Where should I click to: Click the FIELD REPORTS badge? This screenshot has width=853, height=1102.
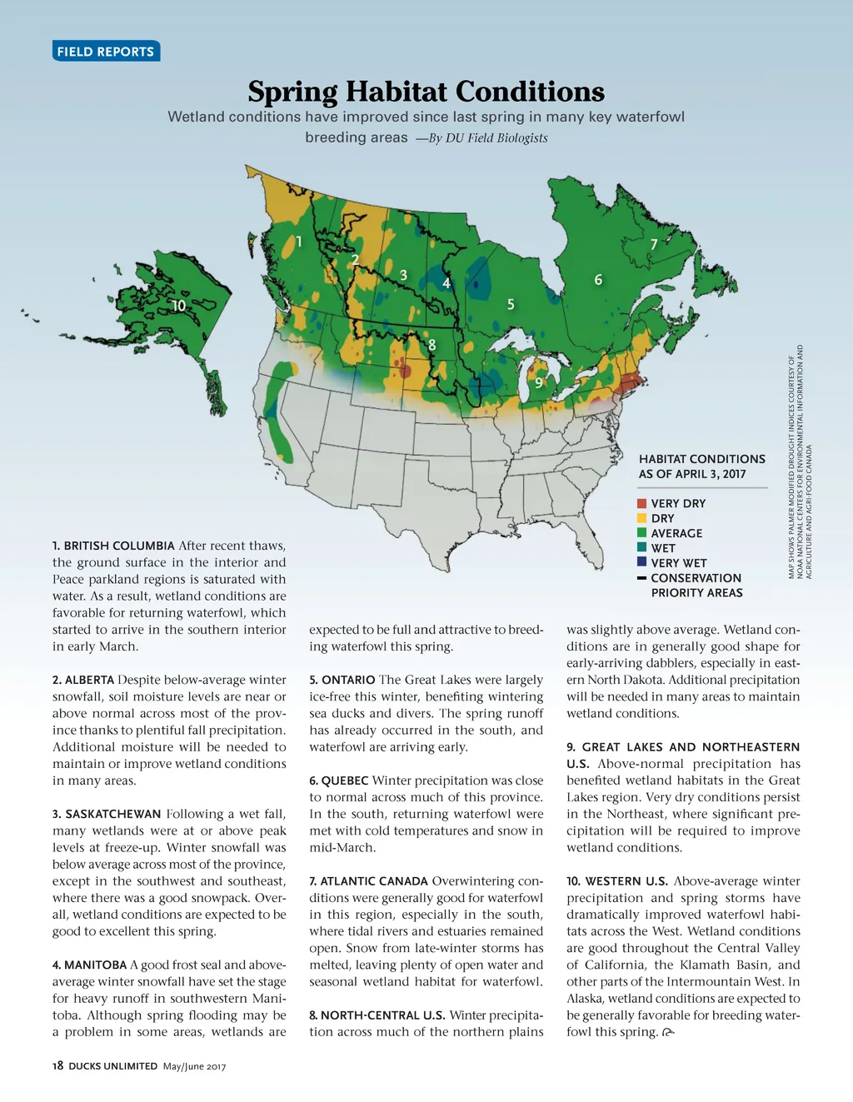tap(106, 52)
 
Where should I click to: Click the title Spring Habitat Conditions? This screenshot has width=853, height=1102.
tap(426, 92)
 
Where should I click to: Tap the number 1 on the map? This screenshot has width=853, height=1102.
tap(299, 242)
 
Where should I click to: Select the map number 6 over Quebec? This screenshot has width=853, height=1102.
tap(598, 280)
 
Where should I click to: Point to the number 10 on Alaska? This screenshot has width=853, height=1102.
tap(179, 306)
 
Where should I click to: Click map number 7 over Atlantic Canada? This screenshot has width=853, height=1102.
tap(654, 244)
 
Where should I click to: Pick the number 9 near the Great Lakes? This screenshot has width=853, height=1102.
tap(539, 382)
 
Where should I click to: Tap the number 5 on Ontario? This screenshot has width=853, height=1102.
tap(511, 305)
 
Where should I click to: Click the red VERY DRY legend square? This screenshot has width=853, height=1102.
tap(641, 503)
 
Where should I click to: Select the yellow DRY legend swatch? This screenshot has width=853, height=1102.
tap(641, 518)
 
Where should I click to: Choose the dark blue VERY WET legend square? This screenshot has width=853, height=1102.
tap(641, 562)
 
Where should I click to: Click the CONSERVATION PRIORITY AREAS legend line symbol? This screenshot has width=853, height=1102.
tap(641, 578)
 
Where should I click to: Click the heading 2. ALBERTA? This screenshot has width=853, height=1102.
tap(83, 680)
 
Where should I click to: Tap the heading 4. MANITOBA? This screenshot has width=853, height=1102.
tap(89, 965)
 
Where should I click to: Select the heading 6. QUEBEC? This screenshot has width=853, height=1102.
tap(339, 780)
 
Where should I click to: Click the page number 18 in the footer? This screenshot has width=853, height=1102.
tap(57, 1065)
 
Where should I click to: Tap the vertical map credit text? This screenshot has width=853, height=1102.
tap(800, 461)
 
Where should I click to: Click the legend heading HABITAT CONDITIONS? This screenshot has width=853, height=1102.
tap(701, 459)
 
